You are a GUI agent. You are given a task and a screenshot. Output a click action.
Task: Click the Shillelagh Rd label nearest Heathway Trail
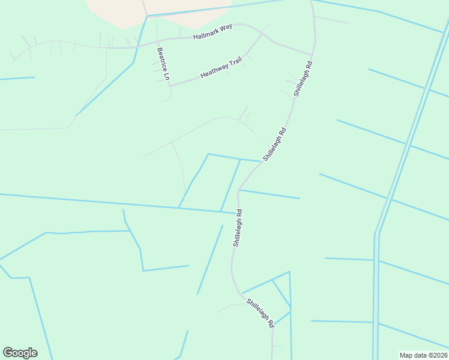point(303,79)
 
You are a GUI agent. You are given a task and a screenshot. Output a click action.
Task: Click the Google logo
point(20,353)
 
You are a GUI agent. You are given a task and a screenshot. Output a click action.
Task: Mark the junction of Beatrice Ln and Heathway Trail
point(170,86)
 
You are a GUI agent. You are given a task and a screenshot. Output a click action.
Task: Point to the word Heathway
point(213,72)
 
